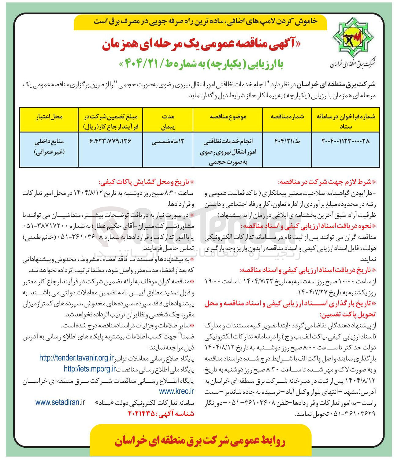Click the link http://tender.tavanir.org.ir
[76, 358]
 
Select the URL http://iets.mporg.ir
[90, 369]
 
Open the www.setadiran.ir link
[60, 402]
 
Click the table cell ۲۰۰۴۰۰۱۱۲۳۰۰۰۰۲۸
[345, 141]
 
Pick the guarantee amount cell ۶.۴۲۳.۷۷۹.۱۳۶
[110, 141]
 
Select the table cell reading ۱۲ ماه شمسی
[168, 142]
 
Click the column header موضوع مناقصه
[228, 117]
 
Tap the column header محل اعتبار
[49, 117]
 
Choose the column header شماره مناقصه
[287, 117]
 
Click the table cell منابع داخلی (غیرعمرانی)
[49, 147]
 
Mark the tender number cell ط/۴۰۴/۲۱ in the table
[287, 141]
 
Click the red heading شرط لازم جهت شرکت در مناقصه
[326, 182]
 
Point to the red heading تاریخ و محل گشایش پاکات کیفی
[146, 182]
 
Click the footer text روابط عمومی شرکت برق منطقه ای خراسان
[200, 441]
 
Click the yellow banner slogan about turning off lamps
[206, 22]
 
